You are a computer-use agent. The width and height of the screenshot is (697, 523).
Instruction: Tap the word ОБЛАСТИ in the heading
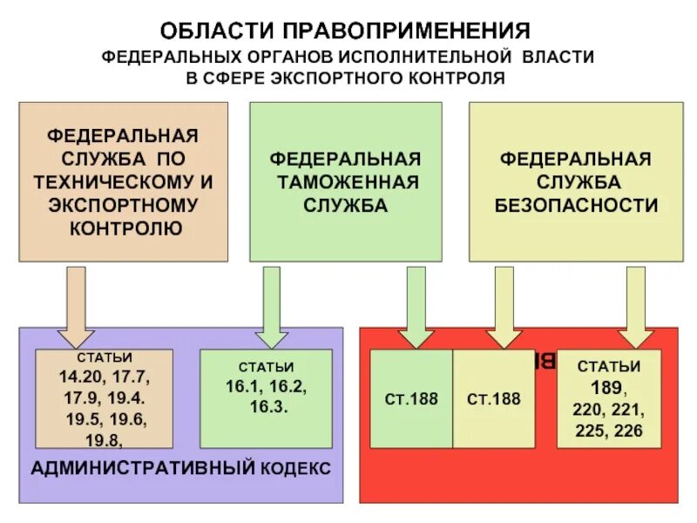(x=216, y=31)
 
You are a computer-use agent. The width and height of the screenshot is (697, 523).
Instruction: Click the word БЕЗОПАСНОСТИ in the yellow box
(x=576, y=206)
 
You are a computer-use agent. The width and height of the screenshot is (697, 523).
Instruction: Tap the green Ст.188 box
(x=411, y=399)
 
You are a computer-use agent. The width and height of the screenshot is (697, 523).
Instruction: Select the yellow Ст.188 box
(x=494, y=399)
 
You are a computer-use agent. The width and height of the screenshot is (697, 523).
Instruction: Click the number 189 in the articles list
(x=606, y=387)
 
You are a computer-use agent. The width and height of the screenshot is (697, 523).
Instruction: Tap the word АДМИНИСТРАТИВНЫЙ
(x=141, y=468)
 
